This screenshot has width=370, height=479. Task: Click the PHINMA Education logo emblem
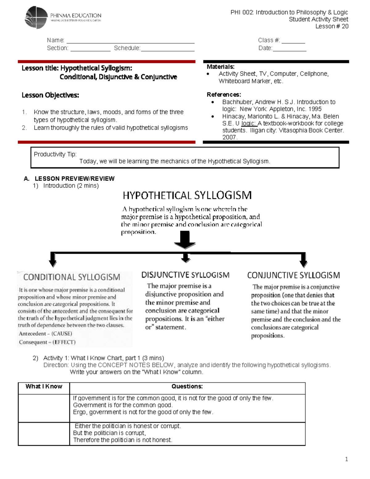pyautogui.click(x=36, y=18)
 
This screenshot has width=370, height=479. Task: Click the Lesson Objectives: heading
pyautogui.click(x=50, y=95)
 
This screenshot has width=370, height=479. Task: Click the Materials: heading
pyautogui.click(x=220, y=67)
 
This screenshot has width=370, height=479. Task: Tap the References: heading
pyautogui.click(x=224, y=94)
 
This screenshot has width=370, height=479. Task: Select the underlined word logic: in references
pyautogui.click(x=249, y=123)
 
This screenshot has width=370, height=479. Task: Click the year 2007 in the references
pyautogui.click(x=229, y=138)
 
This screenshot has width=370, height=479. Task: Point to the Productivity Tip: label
pyautogui.click(x=55, y=154)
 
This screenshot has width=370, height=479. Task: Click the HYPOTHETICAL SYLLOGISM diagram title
pyautogui.click(x=187, y=195)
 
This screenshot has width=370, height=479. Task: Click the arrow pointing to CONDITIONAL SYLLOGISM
pyautogui.click(x=53, y=260)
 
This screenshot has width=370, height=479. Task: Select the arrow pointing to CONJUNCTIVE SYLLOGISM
pyautogui.click(x=303, y=260)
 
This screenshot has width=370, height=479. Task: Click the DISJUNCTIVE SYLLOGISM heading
pyautogui.click(x=185, y=275)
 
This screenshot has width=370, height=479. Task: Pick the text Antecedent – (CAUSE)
pyautogui.click(x=45, y=334)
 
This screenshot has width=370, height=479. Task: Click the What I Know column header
pyautogui.click(x=44, y=386)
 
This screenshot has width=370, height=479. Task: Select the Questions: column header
pyautogui.click(x=187, y=386)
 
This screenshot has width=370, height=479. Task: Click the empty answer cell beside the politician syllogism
pyautogui.click(x=44, y=434)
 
